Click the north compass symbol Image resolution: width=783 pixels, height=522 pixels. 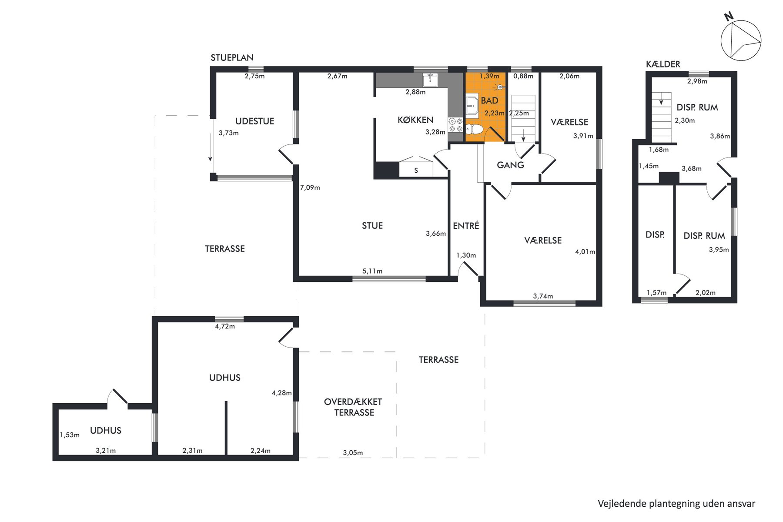(x=741, y=40)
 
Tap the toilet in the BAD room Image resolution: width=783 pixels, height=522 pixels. (x=474, y=129)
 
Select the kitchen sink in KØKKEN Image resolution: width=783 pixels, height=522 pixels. (x=430, y=80)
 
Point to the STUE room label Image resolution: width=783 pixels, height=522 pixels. (x=372, y=225)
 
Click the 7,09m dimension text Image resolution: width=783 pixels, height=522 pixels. (x=310, y=187)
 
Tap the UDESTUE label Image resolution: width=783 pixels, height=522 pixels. (x=254, y=121)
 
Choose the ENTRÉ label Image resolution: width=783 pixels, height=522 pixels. (x=466, y=225)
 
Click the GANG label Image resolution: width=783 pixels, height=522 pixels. (x=510, y=165)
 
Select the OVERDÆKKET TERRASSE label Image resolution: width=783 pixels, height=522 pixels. (x=353, y=407)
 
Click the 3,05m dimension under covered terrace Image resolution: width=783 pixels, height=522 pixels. (x=353, y=453)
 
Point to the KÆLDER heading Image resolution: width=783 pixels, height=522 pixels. (x=663, y=64)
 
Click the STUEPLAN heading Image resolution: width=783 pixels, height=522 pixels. (x=232, y=57)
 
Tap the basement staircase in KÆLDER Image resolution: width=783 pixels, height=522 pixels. (x=661, y=117)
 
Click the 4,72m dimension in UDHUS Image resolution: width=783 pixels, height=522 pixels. (x=225, y=326)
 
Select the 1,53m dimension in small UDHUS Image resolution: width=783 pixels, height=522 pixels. (x=70, y=435)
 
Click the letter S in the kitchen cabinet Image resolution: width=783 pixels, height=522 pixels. (x=416, y=171)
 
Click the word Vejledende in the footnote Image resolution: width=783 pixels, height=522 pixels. (x=622, y=504)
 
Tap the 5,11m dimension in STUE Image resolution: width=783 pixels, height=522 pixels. (x=372, y=271)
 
